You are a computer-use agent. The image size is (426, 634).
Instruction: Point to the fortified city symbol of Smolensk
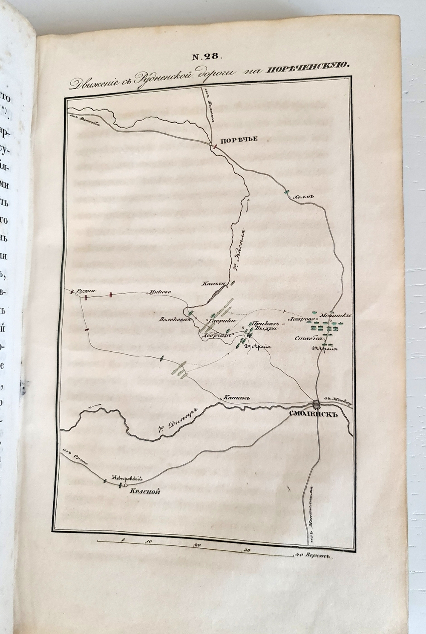click(x=316, y=404)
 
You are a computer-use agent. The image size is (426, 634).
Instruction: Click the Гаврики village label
click(x=218, y=321)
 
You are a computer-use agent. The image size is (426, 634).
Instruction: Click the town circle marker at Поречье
click(x=210, y=146)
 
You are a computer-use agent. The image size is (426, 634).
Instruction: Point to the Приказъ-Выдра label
click(x=265, y=325)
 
